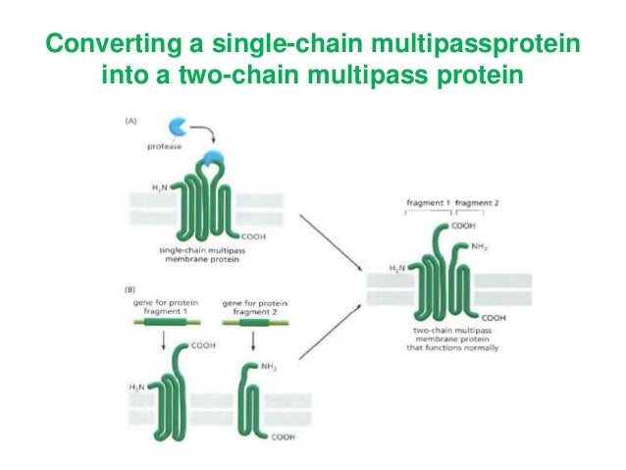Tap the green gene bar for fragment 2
point(250,323)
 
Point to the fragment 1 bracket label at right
point(428,202)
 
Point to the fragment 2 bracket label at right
point(478,202)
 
